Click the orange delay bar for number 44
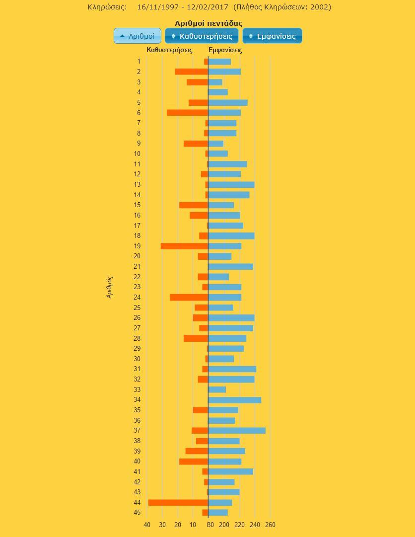(178, 502)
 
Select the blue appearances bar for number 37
(237, 431)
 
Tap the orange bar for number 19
(184, 246)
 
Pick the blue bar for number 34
(235, 400)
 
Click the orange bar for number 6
(187, 113)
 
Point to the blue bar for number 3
(215, 82)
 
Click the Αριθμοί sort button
(138, 36)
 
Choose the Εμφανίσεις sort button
(272, 36)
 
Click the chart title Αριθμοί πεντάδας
(208, 23)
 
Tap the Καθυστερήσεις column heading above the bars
(169, 50)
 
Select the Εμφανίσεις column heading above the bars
(225, 50)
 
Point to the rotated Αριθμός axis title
(110, 287)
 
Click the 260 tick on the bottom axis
(270, 525)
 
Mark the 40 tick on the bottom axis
(147, 525)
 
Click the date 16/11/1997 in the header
(155, 7)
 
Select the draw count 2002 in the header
(321, 7)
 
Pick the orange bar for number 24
(189, 297)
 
